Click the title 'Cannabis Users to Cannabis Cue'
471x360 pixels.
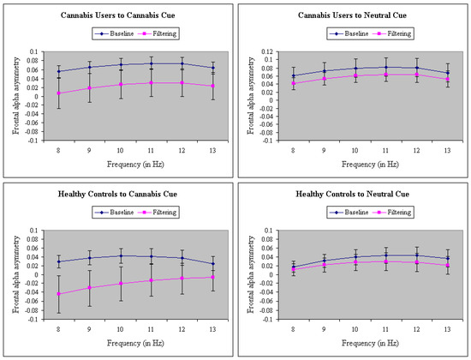118,15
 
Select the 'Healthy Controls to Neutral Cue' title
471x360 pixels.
352,194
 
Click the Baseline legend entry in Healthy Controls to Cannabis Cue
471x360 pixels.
115,213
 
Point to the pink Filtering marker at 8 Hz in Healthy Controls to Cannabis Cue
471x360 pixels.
58,294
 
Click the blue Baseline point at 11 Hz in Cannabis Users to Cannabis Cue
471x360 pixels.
151,63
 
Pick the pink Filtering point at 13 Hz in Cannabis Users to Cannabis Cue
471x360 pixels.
212,86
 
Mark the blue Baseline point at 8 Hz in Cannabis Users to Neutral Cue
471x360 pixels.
294,75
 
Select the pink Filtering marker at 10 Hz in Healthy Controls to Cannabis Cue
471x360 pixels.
121,284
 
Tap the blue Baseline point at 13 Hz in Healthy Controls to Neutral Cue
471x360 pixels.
448,258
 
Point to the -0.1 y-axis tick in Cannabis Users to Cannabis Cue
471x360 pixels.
33,141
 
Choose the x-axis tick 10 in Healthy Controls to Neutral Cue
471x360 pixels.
355,329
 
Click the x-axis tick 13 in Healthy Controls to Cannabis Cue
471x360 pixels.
212,329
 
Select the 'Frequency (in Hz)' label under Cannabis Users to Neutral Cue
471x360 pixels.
370,165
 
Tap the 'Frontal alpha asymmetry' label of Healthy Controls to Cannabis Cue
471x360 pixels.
16,274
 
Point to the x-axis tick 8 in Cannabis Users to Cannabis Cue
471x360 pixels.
58,150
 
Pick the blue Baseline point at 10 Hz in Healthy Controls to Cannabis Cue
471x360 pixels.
121,256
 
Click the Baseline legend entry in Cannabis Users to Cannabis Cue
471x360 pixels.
115,33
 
